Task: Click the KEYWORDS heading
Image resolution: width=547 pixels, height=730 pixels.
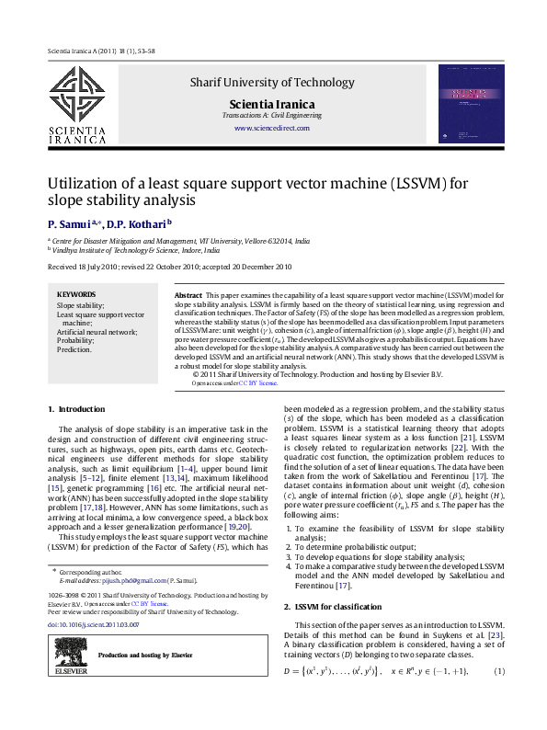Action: coord(76,294)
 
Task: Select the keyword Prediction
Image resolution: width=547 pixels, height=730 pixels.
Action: coord(74,349)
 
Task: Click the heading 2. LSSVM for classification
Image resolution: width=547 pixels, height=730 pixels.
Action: coord(333,608)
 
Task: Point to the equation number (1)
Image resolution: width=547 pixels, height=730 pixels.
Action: coord(501,698)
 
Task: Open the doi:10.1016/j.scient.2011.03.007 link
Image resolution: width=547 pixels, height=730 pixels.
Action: coord(93,624)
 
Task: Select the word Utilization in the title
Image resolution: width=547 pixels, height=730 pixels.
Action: coord(81,183)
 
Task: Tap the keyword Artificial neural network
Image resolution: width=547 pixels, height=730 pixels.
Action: coord(97,331)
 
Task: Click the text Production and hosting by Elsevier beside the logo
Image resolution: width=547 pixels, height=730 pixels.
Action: coord(145,656)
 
